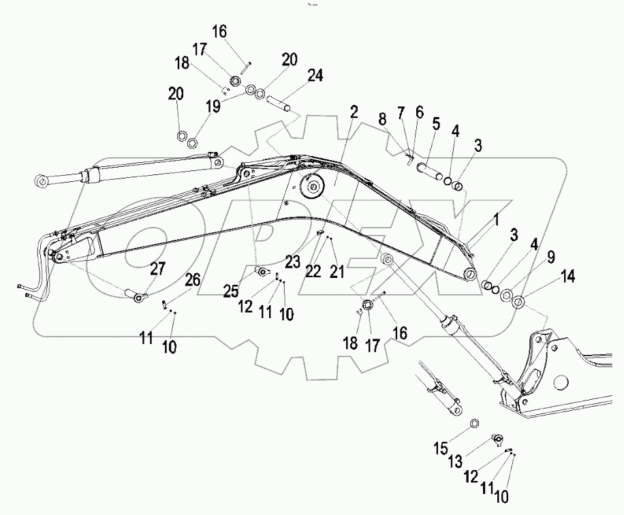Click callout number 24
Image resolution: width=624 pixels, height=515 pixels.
[315, 74]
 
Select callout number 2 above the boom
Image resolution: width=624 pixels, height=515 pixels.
[354, 111]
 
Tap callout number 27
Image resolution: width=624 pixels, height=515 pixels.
[158, 268]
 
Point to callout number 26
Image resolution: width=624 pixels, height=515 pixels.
[193, 279]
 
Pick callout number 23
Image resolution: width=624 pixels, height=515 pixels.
[292, 261]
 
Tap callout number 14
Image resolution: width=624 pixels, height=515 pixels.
[568, 276]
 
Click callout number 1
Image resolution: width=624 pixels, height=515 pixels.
[497, 219]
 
